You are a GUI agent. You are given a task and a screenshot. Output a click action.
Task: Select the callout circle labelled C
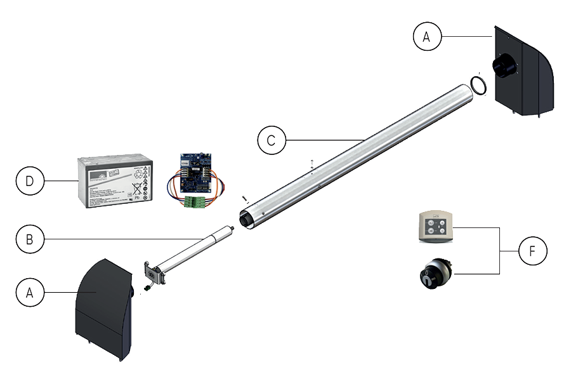(x=272, y=140)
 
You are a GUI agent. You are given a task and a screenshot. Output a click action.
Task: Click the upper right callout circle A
(x=426, y=37)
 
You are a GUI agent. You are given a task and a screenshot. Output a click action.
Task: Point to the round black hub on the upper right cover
(x=504, y=65)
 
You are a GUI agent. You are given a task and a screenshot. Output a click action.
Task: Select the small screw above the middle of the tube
(x=312, y=163)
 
